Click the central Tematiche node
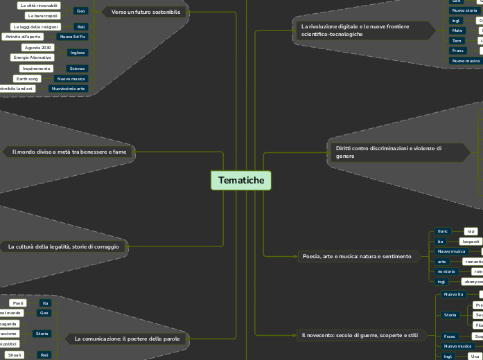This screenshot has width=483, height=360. [x=241, y=181]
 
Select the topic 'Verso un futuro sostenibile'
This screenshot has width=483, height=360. [x=146, y=12]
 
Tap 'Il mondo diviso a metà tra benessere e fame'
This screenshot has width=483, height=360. [x=69, y=151]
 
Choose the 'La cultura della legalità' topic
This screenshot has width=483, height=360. [x=64, y=246]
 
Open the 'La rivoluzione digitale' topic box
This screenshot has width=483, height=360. [x=355, y=30]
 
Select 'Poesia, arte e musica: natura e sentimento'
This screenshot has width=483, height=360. [x=357, y=256]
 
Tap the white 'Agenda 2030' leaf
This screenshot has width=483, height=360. [x=37, y=48]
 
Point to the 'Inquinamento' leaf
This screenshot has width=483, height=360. [x=37, y=69]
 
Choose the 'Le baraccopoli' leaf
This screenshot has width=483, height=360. [x=43, y=15]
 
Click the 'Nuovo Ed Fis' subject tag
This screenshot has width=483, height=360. [x=73, y=36]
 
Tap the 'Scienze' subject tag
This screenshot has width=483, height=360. [x=76, y=69]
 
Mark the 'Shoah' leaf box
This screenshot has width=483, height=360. [x=15, y=354]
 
